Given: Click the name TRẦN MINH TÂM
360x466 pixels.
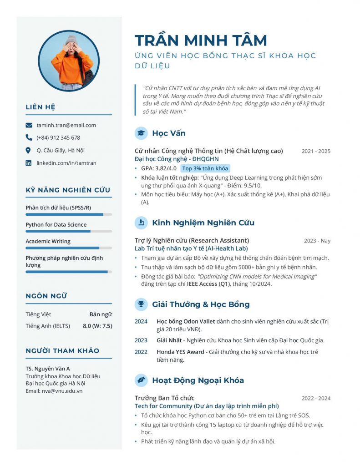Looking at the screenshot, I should (201, 41).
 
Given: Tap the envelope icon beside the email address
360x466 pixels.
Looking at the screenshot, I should (29, 125).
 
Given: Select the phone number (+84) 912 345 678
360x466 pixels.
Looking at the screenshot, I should (58, 137).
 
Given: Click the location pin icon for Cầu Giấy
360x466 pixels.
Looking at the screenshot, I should (29, 150).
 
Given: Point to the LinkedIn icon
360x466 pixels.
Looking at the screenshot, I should (29, 163).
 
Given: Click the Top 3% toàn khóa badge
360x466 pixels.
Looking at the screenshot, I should (205, 168).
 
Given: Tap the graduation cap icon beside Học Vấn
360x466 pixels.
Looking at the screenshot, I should (141, 133).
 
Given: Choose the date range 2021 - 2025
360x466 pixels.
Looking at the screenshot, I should (316, 151).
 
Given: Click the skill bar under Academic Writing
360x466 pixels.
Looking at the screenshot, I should (68, 248).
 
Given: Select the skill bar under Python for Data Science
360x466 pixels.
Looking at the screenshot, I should (68, 231).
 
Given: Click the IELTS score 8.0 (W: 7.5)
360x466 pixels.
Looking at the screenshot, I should (97, 326).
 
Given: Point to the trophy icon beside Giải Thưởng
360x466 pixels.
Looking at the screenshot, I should (141, 304).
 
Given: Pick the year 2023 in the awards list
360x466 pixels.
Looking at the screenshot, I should (141, 340).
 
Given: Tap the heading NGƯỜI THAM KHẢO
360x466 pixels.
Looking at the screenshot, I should (62, 350).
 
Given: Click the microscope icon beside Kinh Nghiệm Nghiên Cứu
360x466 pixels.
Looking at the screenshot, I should (141, 223).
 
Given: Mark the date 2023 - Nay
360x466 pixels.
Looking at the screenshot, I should (317, 241).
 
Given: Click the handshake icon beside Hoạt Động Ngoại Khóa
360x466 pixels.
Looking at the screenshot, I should (141, 380).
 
